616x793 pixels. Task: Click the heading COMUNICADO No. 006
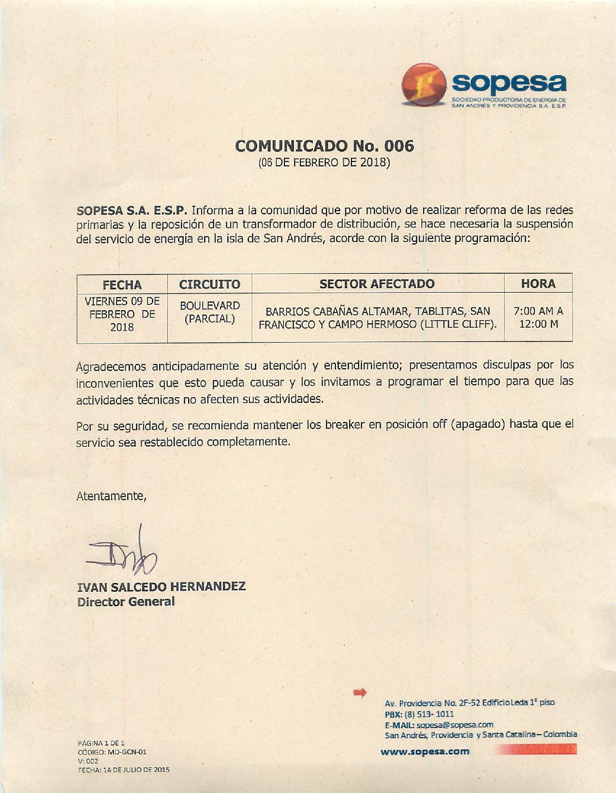pos(324,146)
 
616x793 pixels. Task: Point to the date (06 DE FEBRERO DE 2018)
pos(324,162)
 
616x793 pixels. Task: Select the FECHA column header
pos(122,284)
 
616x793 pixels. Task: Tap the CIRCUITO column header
pos(209,284)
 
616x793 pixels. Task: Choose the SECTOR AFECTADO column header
pos(377,284)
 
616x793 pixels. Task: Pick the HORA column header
pos(538,284)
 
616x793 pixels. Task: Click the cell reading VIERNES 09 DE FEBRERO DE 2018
pos(122,314)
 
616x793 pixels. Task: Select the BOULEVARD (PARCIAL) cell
pos(209,313)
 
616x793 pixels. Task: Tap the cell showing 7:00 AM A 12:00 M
pos(538,317)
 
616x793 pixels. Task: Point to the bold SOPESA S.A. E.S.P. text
pos(132,210)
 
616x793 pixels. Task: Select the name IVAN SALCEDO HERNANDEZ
pos(161,586)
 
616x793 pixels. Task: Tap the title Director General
pos(126,602)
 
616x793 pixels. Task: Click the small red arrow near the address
pos(360,692)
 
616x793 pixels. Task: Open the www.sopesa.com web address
pos(425,751)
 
